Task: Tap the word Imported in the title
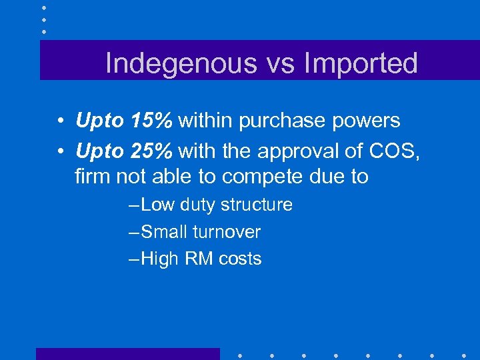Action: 361,63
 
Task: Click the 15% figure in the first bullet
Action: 152,121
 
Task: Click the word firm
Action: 90,177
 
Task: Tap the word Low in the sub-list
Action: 157,205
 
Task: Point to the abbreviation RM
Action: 198,259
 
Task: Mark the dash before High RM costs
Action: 133,259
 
